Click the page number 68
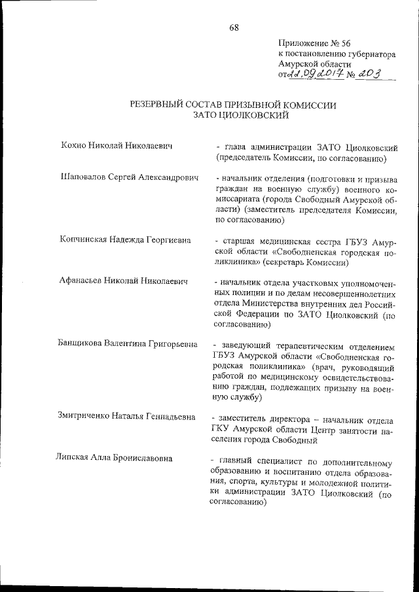[234, 27]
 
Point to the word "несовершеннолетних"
[332, 293]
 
